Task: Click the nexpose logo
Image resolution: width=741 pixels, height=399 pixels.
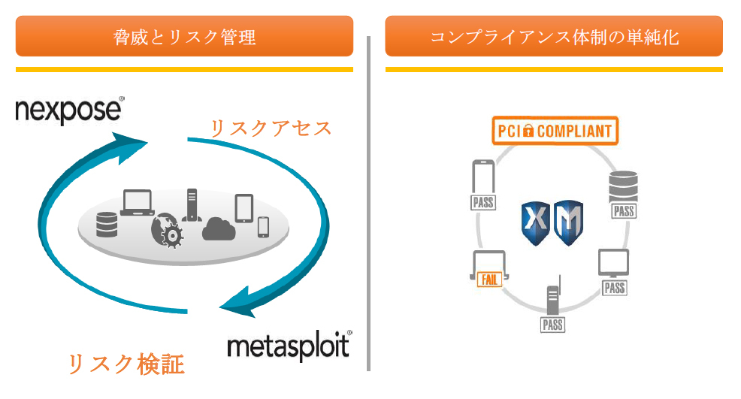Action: (x=69, y=110)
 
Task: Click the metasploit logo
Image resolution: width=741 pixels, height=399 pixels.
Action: (x=289, y=346)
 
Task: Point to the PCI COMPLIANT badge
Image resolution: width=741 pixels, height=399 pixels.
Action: (x=555, y=131)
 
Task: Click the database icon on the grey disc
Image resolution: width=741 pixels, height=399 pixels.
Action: (x=107, y=224)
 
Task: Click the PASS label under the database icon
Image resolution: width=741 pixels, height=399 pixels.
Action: (x=624, y=211)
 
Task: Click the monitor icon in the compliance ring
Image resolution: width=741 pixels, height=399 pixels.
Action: (x=613, y=264)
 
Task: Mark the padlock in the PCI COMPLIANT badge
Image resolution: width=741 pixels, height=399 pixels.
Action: (x=528, y=131)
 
